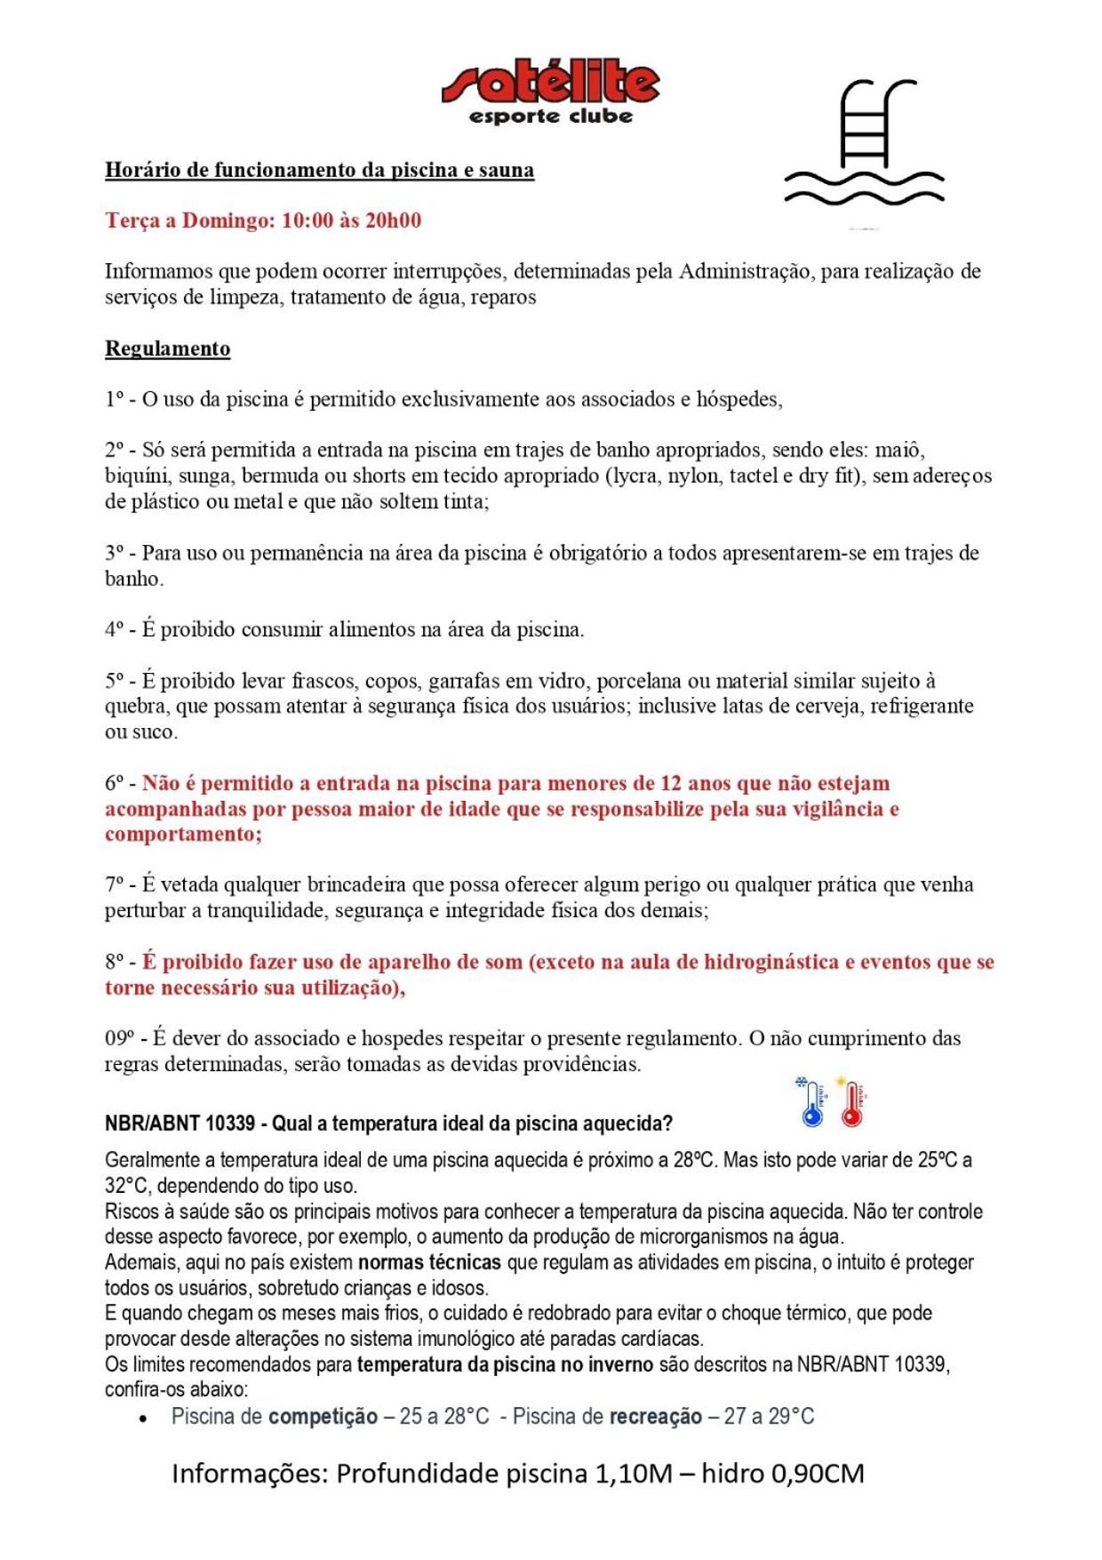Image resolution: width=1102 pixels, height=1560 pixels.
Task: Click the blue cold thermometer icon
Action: pos(811,1103)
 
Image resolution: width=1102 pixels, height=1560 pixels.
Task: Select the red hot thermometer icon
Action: pos(852,1103)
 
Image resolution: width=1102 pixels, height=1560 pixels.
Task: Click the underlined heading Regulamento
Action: pos(167,348)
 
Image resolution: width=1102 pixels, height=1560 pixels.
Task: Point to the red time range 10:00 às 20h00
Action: pos(351,220)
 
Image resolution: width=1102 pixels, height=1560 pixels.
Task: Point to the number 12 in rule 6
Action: pos(671,783)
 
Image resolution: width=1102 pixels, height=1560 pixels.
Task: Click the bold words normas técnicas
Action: pos(429,1262)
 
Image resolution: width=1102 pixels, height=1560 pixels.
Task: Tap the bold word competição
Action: pos(323,1417)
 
